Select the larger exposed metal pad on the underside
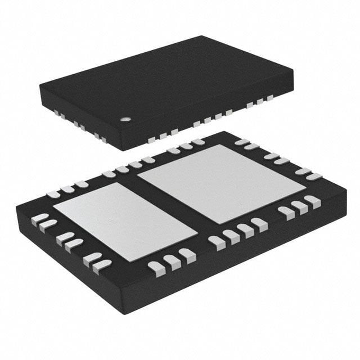pos(222,183)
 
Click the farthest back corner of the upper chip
pos(201,36)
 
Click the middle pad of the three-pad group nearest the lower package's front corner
pos(170,261)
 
